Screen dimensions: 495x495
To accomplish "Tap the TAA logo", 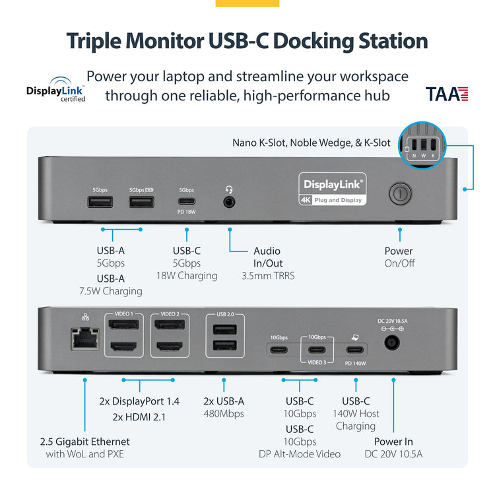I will [447, 94].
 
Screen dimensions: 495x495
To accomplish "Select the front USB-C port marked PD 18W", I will [187, 202].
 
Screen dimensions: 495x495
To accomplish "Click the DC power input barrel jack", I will [392, 343].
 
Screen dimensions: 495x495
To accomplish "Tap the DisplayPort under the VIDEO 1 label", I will [123, 325].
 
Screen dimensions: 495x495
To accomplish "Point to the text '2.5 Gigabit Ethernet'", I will [84, 442].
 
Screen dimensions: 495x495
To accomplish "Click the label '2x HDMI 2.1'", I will [139, 416].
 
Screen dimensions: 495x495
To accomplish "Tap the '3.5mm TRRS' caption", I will [267, 275].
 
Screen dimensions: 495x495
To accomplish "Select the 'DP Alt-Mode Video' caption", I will [300, 453].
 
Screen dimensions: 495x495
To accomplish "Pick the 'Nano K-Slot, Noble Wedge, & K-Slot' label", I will [311, 143].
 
